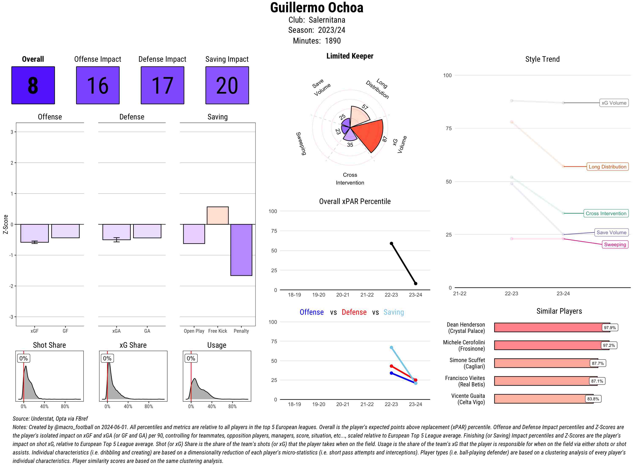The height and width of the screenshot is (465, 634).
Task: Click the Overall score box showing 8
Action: coord(33,85)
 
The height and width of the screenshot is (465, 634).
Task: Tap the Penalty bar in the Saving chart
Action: coord(241,250)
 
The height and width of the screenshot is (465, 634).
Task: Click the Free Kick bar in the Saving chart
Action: coord(217,216)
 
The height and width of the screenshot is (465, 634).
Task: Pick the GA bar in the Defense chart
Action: coord(147,231)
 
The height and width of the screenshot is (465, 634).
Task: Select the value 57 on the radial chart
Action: coord(365,107)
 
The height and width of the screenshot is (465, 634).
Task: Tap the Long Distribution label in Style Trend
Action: coord(607,167)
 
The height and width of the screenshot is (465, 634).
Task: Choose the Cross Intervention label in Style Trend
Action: coord(606,213)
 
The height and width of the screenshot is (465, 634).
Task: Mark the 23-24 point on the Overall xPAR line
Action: coord(415,283)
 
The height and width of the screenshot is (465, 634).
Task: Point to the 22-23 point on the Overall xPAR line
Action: coord(391,243)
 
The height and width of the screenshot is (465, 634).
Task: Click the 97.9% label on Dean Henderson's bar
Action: coord(609,328)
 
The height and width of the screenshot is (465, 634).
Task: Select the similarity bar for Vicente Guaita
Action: coord(543,399)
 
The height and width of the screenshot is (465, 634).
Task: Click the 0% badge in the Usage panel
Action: coord(191,358)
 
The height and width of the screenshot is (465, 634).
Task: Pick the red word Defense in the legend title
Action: coord(354,312)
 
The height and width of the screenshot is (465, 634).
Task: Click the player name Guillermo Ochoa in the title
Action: coord(317,8)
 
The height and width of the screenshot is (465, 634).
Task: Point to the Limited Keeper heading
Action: coord(350,56)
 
